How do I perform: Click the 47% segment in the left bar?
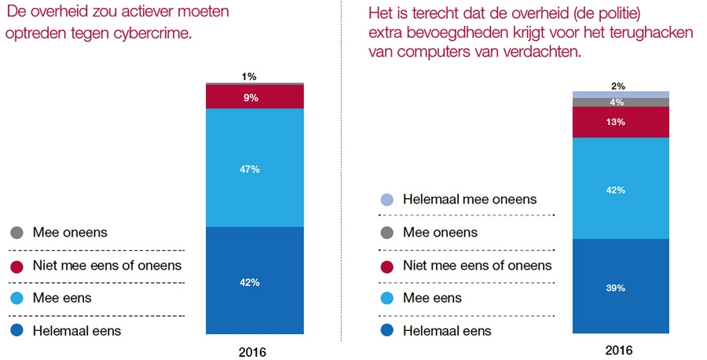click(255, 167)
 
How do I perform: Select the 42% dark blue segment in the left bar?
click(255, 281)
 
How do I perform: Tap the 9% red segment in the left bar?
click(255, 97)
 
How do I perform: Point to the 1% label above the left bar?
click(249, 76)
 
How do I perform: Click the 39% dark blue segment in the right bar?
click(621, 288)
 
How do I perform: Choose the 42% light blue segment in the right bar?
click(621, 189)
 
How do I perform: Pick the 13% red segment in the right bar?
click(621, 122)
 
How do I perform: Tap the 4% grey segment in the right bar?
click(621, 102)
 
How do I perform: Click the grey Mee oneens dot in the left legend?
click(16, 233)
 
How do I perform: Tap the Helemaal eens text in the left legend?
click(76, 331)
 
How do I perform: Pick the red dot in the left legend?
click(16, 266)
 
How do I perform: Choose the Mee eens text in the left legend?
click(61, 298)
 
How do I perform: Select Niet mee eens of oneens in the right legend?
click(477, 266)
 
